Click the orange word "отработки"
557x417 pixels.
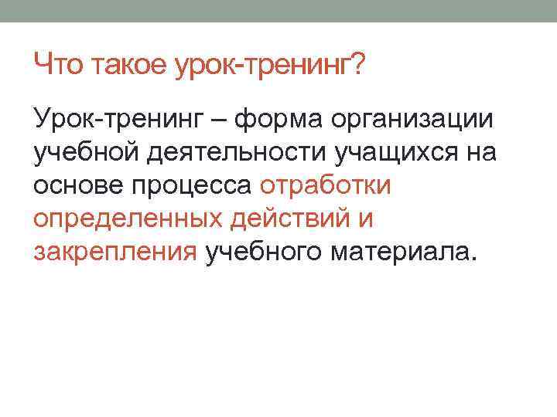click(x=327, y=186)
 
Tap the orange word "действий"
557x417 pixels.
click(x=291, y=219)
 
